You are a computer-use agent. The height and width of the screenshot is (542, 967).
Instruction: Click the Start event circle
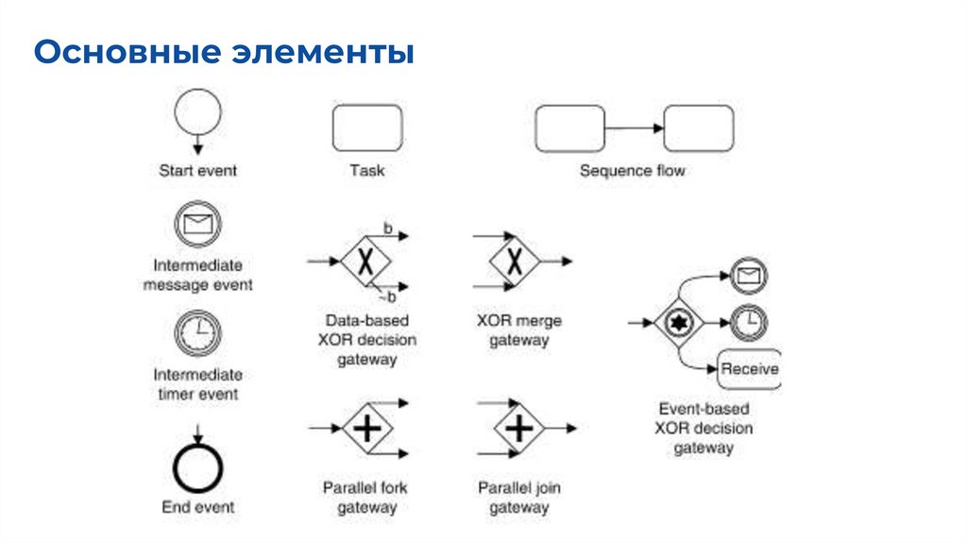(x=197, y=111)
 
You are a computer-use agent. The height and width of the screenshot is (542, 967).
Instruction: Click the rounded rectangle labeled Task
(x=366, y=128)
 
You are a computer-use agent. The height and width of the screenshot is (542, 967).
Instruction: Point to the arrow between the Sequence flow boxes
(x=634, y=128)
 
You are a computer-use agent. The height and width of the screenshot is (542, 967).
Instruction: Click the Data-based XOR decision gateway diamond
(x=367, y=260)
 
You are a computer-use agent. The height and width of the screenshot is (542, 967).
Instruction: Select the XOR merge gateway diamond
(x=513, y=260)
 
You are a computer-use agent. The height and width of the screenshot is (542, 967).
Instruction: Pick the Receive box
(x=749, y=368)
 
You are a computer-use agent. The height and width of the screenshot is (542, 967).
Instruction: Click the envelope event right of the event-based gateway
(x=749, y=276)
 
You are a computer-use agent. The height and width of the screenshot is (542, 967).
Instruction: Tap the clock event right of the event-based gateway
(x=749, y=321)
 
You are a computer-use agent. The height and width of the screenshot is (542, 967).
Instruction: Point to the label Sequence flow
(x=632, y=171)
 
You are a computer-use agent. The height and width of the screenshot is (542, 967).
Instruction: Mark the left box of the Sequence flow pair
(x=569, y=128)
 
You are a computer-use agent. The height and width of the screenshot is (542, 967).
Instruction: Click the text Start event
(x=197, y=171)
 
